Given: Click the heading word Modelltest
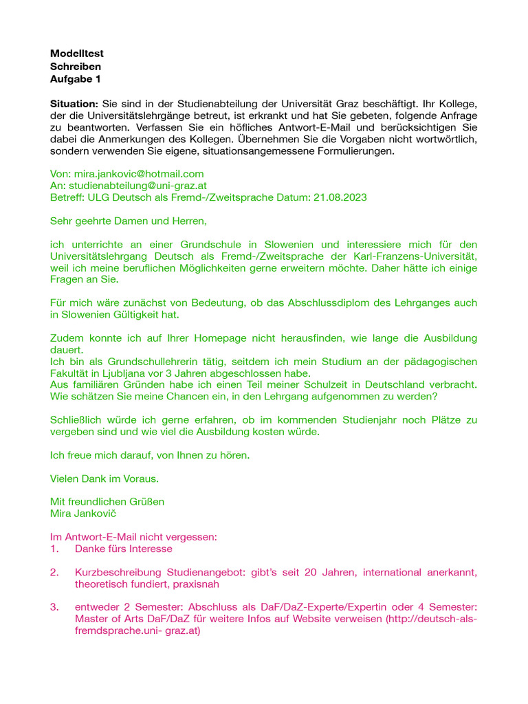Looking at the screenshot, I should tap(77, 53).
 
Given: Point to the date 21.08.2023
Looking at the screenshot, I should tap(340, 197).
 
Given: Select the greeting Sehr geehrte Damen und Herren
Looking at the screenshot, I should tap(128, 221).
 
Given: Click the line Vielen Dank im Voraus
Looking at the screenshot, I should tap(104, 478).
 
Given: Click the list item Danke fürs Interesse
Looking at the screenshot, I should tap(124, 549).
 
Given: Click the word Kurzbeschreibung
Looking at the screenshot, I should tap(118, 572).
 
